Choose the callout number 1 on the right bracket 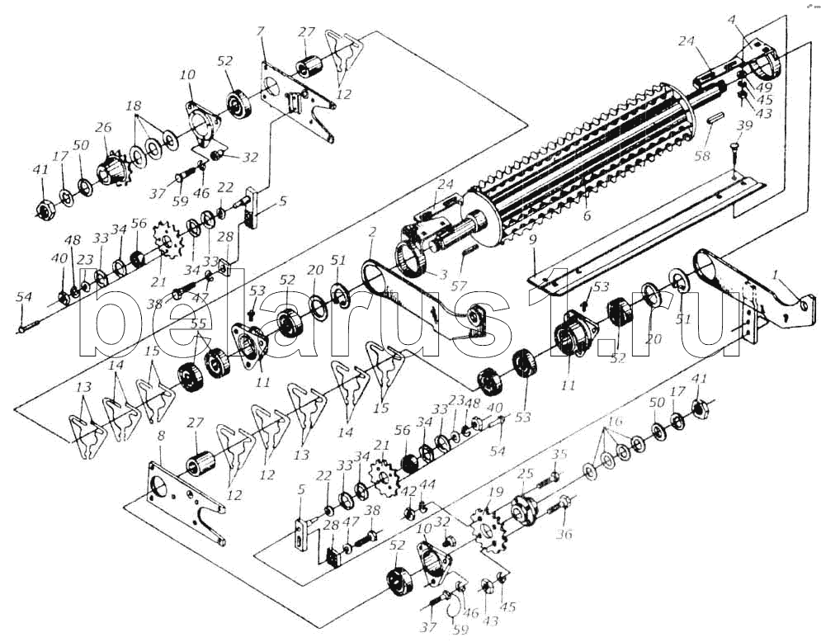774,272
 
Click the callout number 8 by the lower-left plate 161,436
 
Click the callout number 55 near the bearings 198,325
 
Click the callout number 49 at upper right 764,87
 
